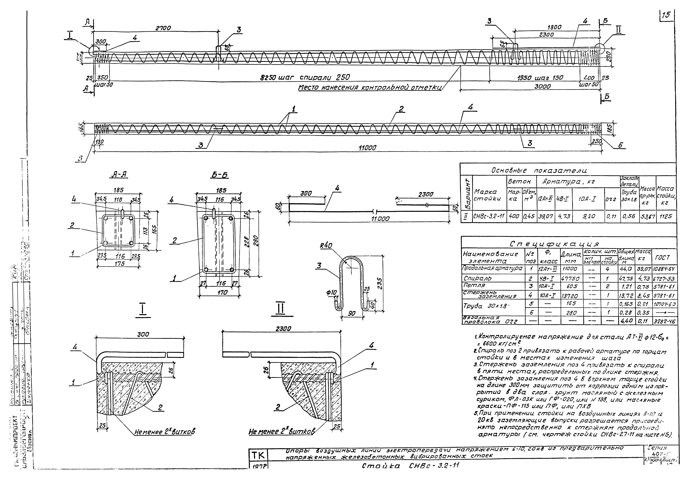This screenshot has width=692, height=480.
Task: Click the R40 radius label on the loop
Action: (x=326, y=246)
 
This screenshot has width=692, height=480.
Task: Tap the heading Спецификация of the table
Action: (x=554, y=244)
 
